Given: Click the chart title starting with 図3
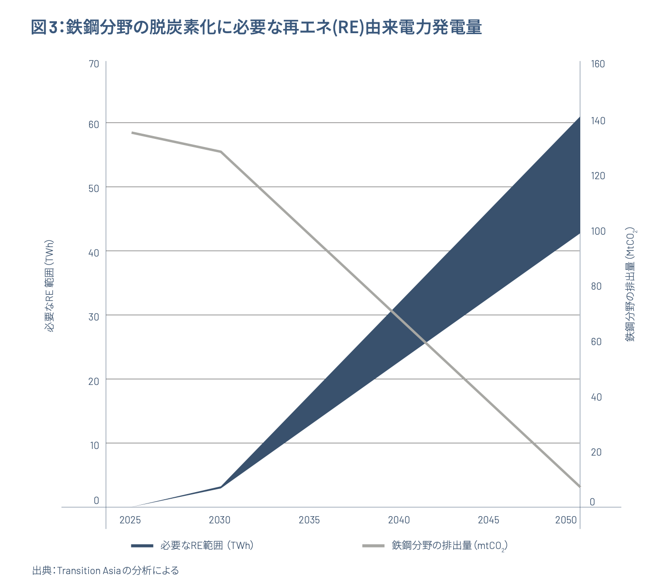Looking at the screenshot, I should (256, 27).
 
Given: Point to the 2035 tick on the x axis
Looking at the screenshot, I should (309, 520).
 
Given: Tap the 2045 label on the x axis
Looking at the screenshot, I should (488, 520).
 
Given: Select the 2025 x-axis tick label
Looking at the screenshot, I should (130, 520).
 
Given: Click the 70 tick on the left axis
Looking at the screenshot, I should (94, 64).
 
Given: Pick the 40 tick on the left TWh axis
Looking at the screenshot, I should (94, 253).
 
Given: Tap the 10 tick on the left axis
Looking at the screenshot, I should (94, 445).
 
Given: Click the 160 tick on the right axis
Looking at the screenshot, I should (598, 64).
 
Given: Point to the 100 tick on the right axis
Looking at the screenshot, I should (598, 231).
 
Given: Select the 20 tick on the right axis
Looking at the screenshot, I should (596, 452).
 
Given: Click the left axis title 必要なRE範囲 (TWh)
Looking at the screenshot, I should (50, 286).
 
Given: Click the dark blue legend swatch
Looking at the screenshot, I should (142, 546).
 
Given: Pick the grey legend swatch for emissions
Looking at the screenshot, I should (373, 546).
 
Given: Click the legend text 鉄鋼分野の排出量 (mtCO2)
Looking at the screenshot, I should (449, 546).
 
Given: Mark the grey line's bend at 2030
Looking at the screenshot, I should (221, 152).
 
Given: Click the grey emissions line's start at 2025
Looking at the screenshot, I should (132, 133).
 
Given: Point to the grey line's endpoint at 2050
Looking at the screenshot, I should (579, 486).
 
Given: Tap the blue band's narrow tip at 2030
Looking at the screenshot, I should (221, 487).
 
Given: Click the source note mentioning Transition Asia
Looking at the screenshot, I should (106, 570).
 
